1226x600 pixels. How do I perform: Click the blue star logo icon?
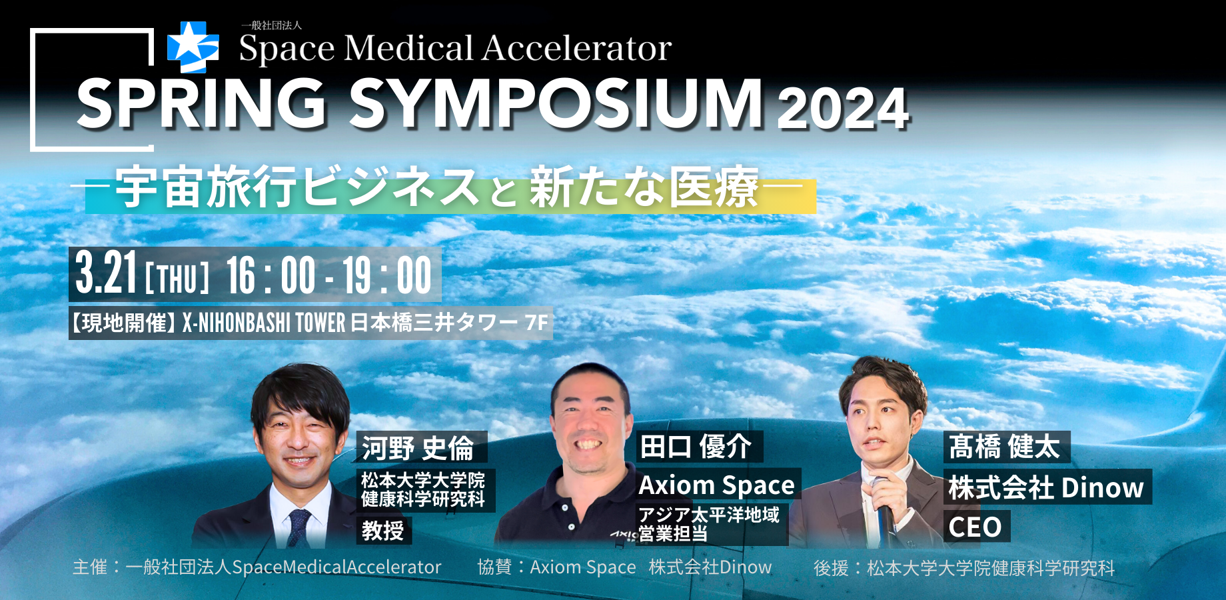coord(193,47)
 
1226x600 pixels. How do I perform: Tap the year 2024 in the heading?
coord(843,109)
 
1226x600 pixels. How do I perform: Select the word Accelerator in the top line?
coord(577,48)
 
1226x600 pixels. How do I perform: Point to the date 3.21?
coord(106,273)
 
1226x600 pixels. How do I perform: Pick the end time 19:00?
coord(387,275)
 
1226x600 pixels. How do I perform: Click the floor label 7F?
coord(536,323)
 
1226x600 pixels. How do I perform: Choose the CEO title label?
coord(976,527)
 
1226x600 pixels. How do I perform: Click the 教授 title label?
coord(384,531)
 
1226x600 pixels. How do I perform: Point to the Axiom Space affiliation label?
coord(718,485)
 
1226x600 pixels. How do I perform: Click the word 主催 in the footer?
coord(90,567)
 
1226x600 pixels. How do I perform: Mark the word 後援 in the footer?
coord(831,568)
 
